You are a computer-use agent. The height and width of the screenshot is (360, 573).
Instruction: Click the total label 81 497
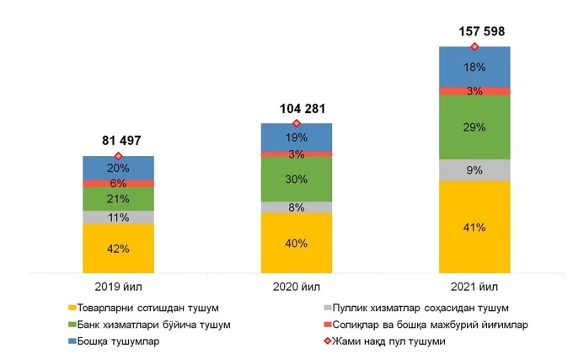point(118,140)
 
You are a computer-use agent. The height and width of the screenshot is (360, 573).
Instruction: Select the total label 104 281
point(296,109)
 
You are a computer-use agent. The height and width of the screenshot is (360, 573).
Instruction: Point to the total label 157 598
point(475,31)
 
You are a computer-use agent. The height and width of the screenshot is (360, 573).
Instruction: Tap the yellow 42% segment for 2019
point(118,248)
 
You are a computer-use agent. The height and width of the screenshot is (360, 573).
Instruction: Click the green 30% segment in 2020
point(296,179)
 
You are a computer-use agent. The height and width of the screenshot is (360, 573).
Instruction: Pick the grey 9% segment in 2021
point(474,169)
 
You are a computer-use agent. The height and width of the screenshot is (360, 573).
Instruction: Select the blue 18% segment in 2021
point(474,67)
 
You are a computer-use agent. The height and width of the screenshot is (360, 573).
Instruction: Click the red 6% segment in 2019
point(118,183)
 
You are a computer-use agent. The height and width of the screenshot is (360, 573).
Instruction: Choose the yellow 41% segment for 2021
point(474,227)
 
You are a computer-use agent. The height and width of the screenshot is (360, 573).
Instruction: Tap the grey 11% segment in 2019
point(118,217)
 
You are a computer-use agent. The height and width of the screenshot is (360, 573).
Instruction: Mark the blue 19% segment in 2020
point(296,137)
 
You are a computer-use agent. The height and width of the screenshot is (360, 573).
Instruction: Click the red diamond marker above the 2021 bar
point(474,46)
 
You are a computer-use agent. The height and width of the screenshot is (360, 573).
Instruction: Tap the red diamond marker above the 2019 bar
point(118,156)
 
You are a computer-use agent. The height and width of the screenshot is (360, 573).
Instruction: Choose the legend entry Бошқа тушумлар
point(119,341)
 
